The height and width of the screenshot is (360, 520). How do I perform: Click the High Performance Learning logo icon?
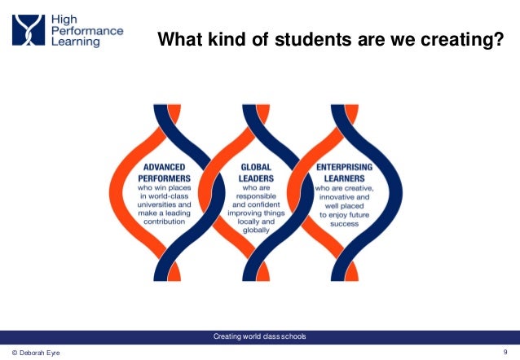(27, 31)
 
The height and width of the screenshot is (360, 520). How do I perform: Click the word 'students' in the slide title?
(300, 39)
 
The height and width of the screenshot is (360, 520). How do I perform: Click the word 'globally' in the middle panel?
(255, 231)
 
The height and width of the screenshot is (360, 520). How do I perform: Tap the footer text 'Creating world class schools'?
(259, 337)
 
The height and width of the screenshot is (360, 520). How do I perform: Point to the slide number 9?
(507, 351)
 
